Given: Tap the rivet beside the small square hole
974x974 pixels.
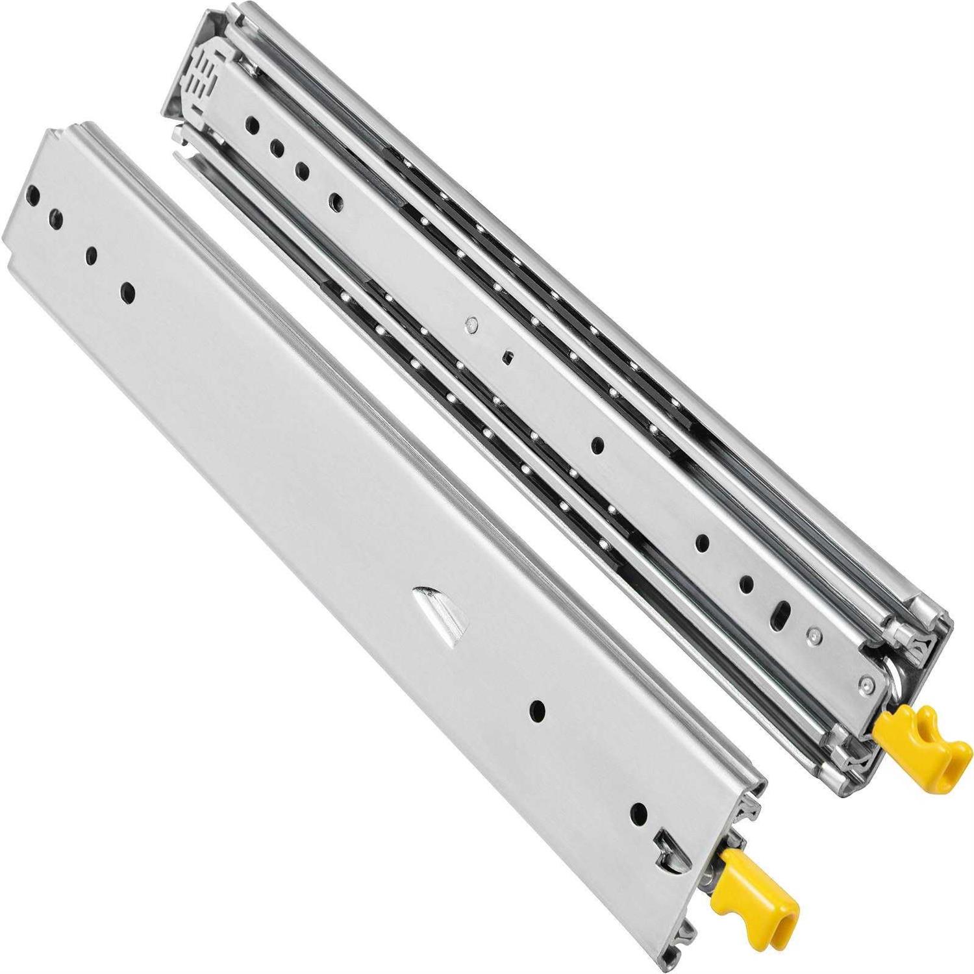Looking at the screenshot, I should point(473,323).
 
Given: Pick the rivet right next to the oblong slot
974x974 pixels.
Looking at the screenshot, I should point(811,636).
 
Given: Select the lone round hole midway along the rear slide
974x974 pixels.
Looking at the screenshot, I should point(597,444).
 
